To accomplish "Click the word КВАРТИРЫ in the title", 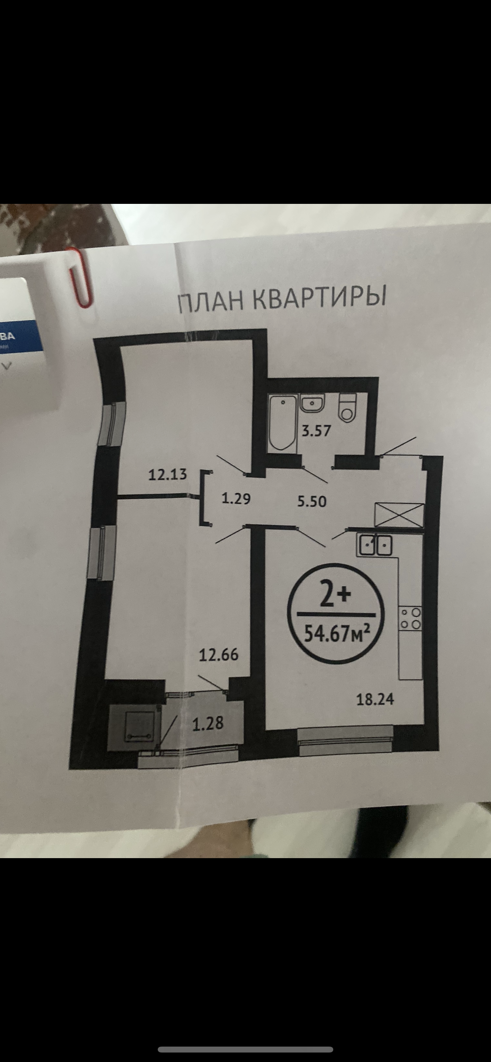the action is point(319,297).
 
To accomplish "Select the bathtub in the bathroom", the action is point(283,421).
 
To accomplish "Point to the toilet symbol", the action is point(347,407).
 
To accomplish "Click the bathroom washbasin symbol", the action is point(312,402).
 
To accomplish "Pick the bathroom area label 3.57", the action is point(316,431).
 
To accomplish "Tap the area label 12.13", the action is point(168,475).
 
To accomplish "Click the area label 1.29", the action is point(236,499).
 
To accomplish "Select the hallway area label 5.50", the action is point(312,501).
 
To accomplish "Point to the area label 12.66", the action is point(219,655).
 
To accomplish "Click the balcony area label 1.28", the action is point(208,723).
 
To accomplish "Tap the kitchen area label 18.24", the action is point(375,699).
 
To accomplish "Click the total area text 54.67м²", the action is point(336,633).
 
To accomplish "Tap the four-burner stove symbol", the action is point(410,618).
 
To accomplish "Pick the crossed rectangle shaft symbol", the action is point(399,514).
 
